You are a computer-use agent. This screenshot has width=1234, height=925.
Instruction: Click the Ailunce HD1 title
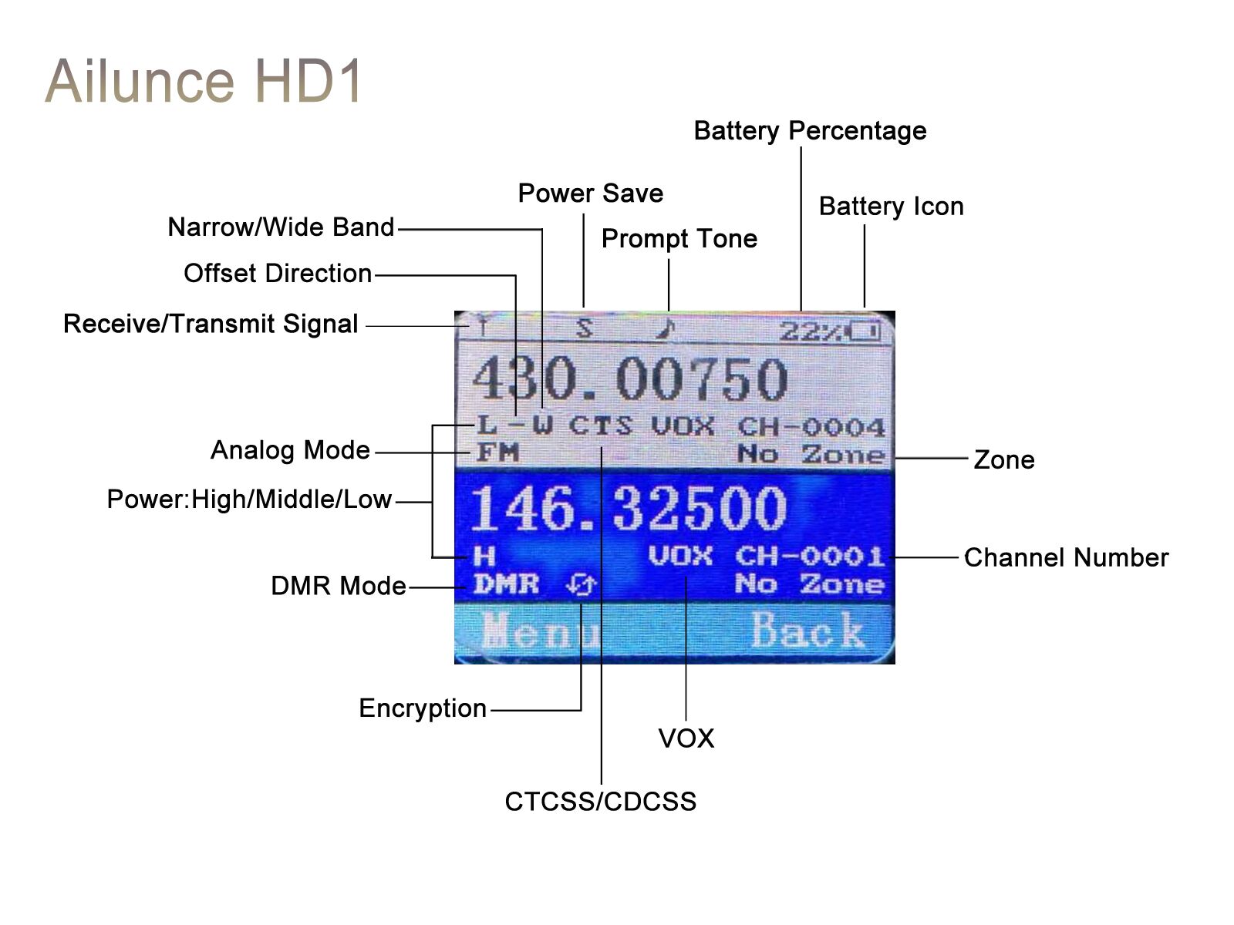tap(203, 81)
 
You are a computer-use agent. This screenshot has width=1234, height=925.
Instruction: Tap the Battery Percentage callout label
tap(810, 131)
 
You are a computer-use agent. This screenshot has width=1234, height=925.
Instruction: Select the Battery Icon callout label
tap(891, 207)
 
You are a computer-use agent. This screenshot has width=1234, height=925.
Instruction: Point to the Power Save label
tap(590, 193)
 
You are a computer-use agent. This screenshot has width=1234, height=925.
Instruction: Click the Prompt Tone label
tap(679, 240)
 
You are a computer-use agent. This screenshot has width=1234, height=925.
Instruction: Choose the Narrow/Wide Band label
tap(281, 227)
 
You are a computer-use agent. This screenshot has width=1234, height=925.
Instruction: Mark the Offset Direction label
tap(278, 274)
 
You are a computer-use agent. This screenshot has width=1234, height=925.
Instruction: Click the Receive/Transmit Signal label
tap(211, 324)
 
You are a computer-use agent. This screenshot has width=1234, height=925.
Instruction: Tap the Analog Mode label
tap(290, 450)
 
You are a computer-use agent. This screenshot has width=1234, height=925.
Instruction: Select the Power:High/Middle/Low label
tap(249, 499)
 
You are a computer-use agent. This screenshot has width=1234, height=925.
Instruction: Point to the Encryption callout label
tap(423, 708)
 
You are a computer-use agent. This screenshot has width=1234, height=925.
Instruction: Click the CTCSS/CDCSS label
tap(600, 802)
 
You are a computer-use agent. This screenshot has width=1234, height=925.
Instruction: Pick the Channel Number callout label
tap(1067, 558)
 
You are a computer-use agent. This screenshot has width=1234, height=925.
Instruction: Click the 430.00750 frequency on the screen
tap(629, 380)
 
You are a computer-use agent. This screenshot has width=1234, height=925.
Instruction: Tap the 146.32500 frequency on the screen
tap(628, 509)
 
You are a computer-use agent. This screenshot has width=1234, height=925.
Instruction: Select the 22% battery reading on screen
tap(811, 332)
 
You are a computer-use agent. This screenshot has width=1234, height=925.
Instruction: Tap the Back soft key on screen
tap(807, 630)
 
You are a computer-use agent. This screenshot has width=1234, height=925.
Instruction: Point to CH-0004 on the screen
tap(811, 427)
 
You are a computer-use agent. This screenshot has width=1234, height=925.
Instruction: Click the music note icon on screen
tap(666, 329)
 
